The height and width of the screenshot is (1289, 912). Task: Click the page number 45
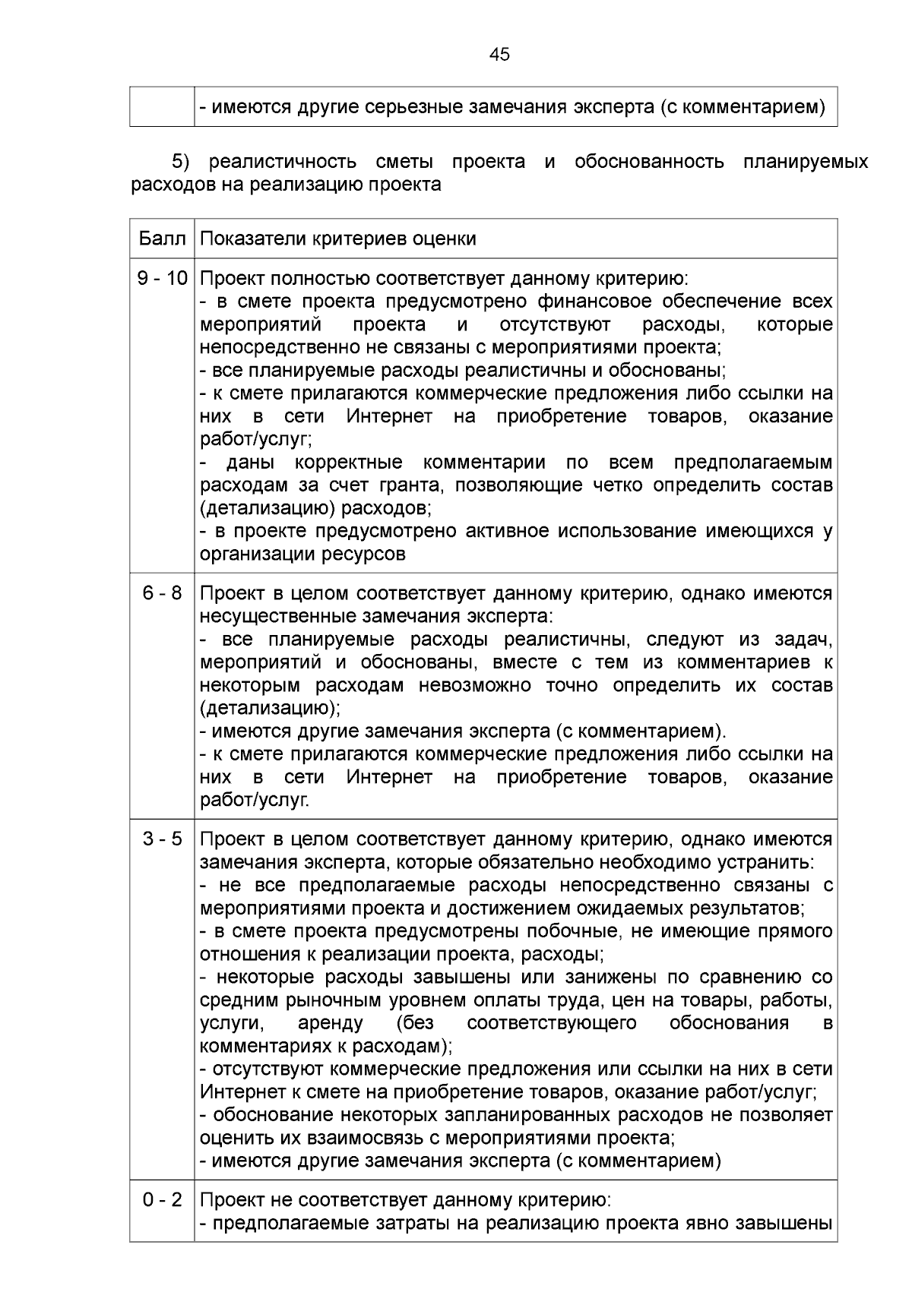[x=500, y=55]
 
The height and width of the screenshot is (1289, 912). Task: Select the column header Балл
[x=162, y=239]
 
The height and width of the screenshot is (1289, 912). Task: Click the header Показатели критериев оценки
[x=338, y=239]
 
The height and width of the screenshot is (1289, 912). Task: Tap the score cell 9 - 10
[x=162, y=279]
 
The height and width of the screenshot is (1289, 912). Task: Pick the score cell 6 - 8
[x=162, y=593]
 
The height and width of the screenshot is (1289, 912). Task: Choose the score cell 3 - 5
[x=162, y=839]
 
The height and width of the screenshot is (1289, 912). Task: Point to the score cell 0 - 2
[x=162, y=1200]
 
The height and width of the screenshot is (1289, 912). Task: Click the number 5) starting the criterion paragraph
[x=180, y=162]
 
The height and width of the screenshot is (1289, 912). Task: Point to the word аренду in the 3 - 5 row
[x=330, y=1023]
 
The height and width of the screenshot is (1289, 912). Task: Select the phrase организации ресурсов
[x=302, y=554]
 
